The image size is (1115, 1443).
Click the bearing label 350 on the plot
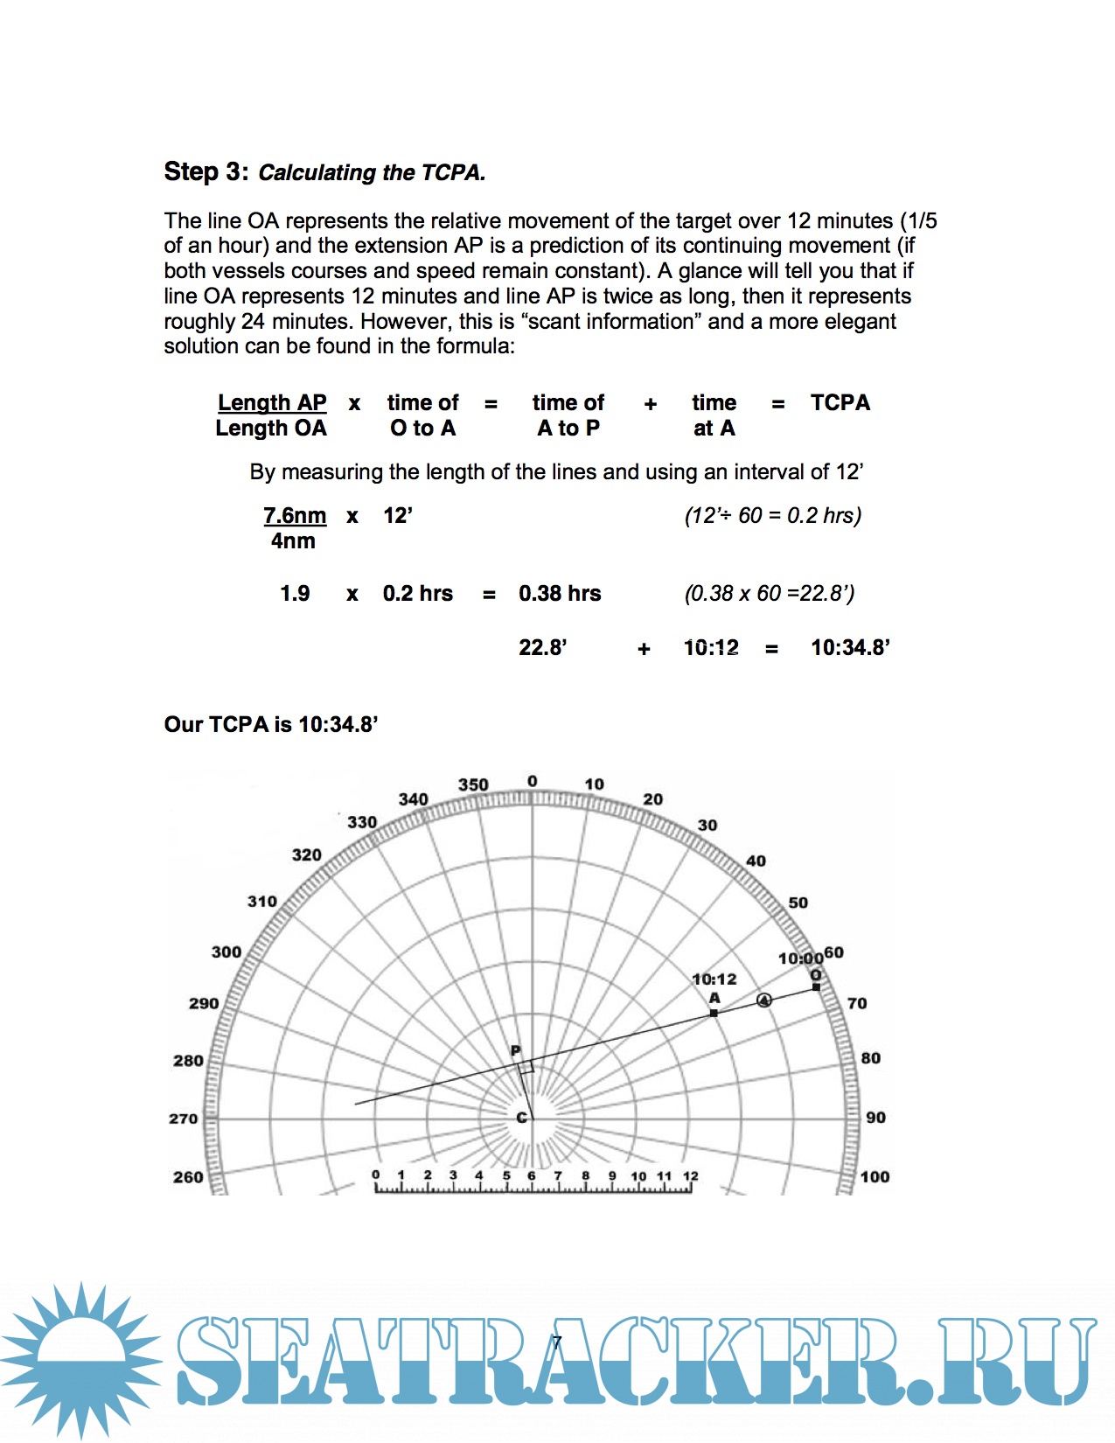point(473,784)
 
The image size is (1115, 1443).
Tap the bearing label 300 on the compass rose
point(226,952)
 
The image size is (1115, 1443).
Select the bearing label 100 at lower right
point(875,1177)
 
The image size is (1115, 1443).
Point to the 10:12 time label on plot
point(714,979)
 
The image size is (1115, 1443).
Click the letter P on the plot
point(515,1051)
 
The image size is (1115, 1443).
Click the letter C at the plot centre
point(522,1118)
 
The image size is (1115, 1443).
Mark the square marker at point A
point(714,1013)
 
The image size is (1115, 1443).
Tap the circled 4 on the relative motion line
point(764,1000)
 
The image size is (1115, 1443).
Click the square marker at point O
point(816,986)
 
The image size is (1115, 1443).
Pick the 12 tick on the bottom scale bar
point(690,1176)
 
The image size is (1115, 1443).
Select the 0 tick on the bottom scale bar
point(376,1176)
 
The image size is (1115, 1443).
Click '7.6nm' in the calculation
point(295,515)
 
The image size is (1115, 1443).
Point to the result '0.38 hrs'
point(560,593)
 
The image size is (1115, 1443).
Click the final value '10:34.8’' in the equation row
point(850,647)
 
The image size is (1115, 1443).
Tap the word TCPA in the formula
point(840,402)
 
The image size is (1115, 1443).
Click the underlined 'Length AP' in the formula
point(272,402)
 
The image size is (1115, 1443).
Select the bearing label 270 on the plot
point(184,1119)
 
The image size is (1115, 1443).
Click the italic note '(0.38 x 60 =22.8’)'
point(769,593)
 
